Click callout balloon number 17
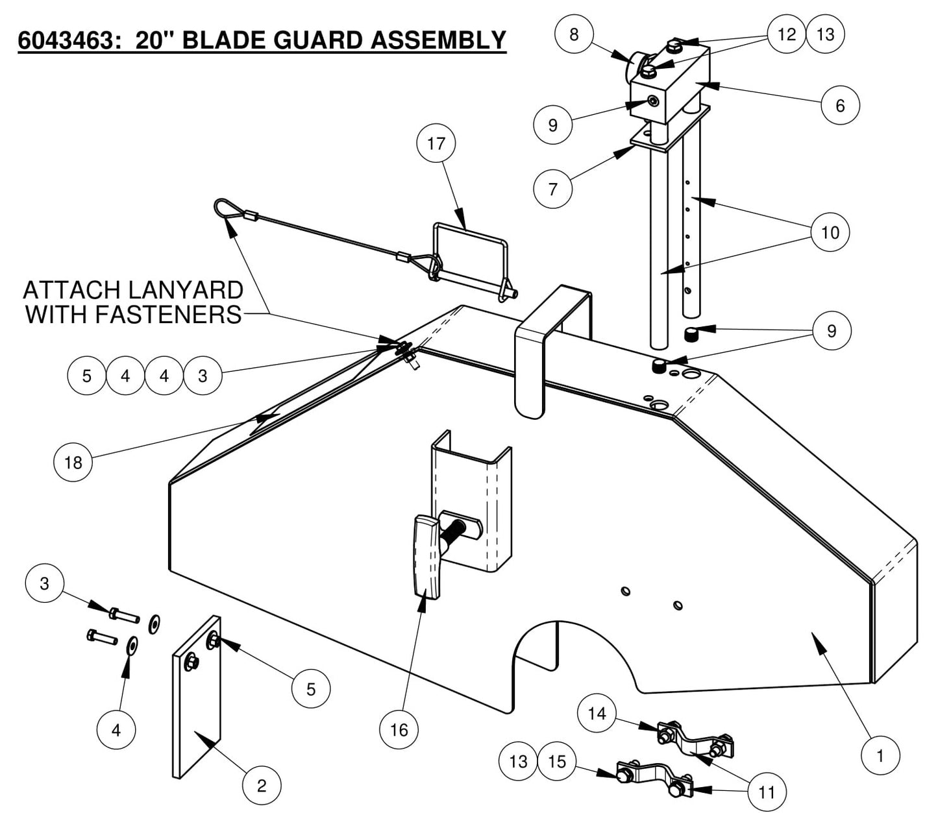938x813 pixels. [436, 143]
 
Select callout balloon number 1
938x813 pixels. [880, 756]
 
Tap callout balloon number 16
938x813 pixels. [399, 730]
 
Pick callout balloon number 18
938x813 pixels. [73, 462]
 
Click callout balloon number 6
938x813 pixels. [840, 105]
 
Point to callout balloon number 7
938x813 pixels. [552, 189]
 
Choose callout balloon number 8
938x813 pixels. [574, 34]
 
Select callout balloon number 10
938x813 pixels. [830, 232]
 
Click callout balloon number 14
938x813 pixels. [597, 714]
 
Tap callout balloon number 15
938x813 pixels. [557, 761]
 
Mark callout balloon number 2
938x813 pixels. [262, 786]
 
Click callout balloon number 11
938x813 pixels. [767, 792]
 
